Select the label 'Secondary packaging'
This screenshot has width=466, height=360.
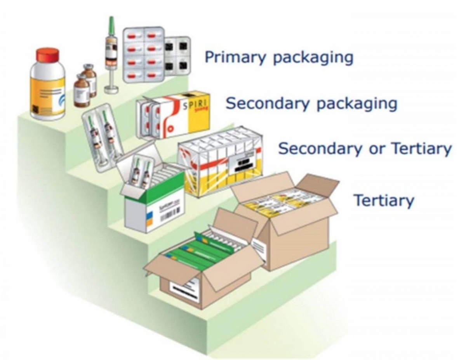[x=311, y=104]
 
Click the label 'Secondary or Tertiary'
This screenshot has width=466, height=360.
[x=365, y=149]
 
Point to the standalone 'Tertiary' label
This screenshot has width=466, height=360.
[x=383, y=201]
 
